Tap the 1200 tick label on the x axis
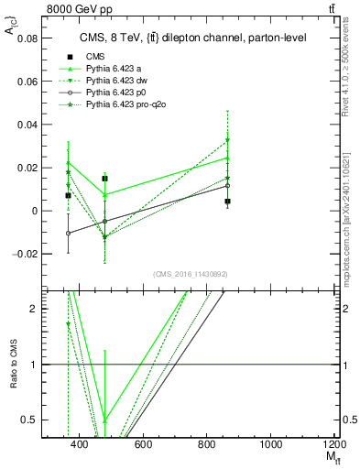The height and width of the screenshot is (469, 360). click(333, 444)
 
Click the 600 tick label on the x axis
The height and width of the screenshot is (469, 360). click(143, 444)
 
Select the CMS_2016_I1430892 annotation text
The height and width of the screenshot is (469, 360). click(189, 274)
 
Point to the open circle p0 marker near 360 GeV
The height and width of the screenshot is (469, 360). click(68, 233)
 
